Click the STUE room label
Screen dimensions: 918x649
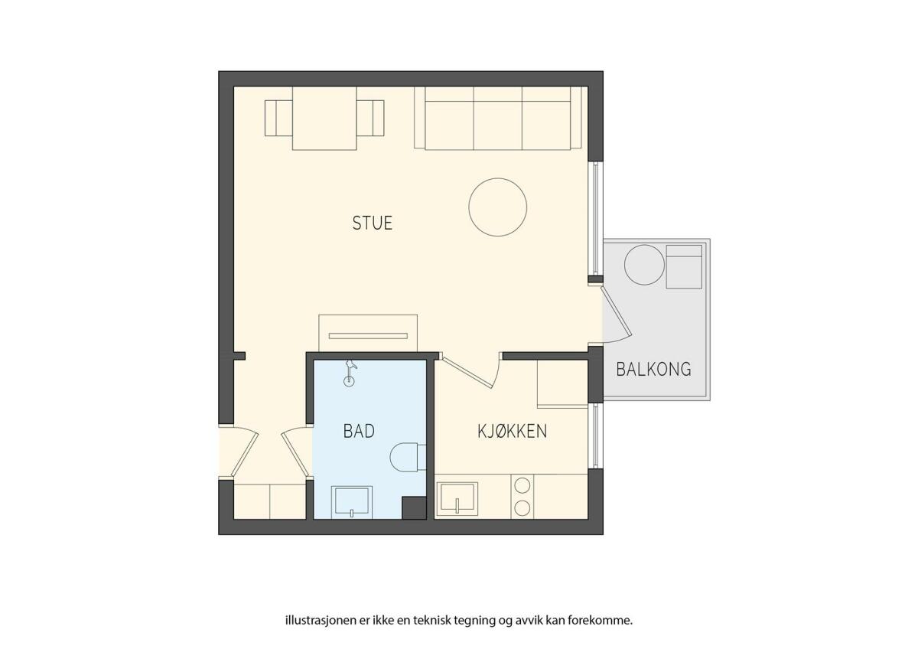click(x=372, y=223)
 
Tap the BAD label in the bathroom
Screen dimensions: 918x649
click(x=359, y=431)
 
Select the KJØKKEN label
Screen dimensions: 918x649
click(x=512, y=431)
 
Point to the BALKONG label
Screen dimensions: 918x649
click(x=653, y=369)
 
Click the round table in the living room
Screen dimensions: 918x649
click(x=497, y=207)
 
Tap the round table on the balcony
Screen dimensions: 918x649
click(x=644, y=265)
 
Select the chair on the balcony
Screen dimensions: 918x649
click(x=684, y=266)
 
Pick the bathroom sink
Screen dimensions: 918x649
click(x=352, y=502)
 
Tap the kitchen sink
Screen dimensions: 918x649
click(x=457, y=498)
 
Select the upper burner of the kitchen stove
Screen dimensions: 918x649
click(x=522, y=486)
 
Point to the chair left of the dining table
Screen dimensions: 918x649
click(x=278, y=118)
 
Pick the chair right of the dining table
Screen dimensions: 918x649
click(x=370, y=118)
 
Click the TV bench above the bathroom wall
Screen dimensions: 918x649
click(x=368, y=334)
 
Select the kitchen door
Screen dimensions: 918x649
click(x=467, y=372)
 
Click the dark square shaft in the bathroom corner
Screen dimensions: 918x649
click(x=414, y=508)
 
